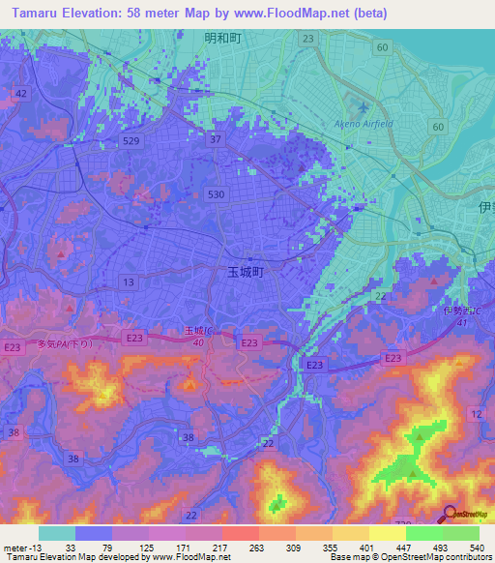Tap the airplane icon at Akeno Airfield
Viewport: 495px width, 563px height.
pos(363,107)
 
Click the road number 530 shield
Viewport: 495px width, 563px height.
pos(217,194)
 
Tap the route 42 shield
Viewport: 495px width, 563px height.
pos(21,93)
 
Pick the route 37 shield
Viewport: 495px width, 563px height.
pos(216,139)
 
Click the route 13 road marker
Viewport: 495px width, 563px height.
pos(128,281)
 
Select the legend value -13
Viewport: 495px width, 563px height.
pos(31,547)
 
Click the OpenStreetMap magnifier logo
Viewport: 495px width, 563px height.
pos(451,514)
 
